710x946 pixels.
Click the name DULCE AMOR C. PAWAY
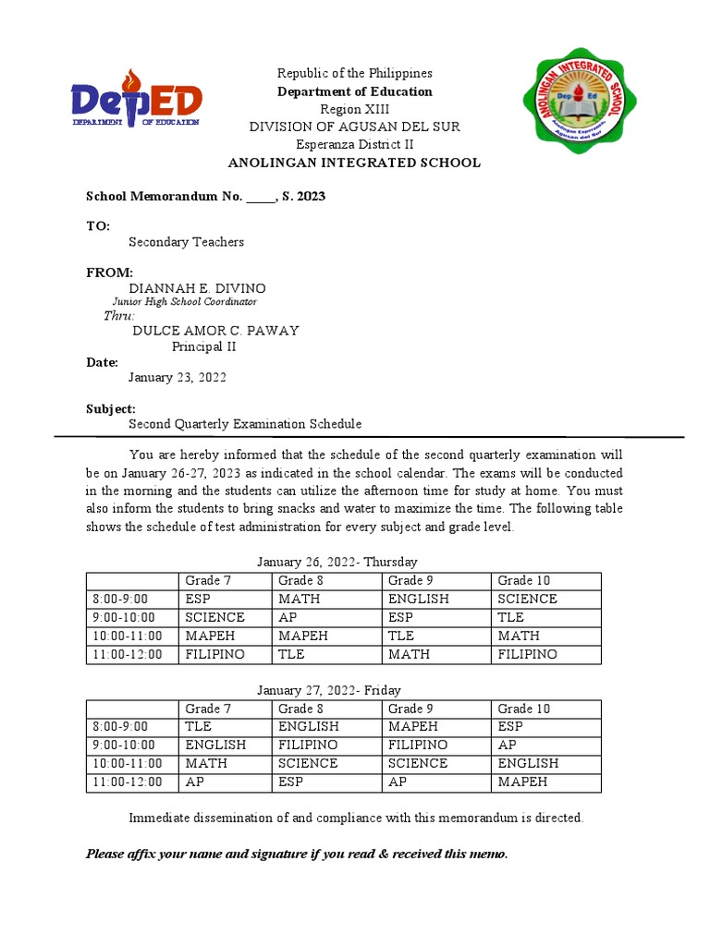tap(215, 331)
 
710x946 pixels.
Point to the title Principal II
tap(204, 346)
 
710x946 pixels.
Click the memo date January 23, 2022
tap(177, 378)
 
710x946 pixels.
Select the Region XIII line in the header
tap(355, 109)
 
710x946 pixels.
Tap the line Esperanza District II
tap(355, 144)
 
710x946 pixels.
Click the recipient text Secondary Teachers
tap(186, 242)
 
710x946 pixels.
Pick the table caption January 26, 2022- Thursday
tap(337, 562)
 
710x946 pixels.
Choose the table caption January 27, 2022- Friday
tap(328, 690)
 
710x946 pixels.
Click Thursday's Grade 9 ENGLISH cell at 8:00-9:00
tap(418, 599)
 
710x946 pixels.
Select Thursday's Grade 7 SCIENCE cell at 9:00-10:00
tap(214, 617)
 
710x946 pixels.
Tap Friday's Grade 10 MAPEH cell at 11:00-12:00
tap(522, 782)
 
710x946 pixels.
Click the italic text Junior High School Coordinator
tap(185, 301)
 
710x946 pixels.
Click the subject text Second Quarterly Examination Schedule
tap(245, 424)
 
